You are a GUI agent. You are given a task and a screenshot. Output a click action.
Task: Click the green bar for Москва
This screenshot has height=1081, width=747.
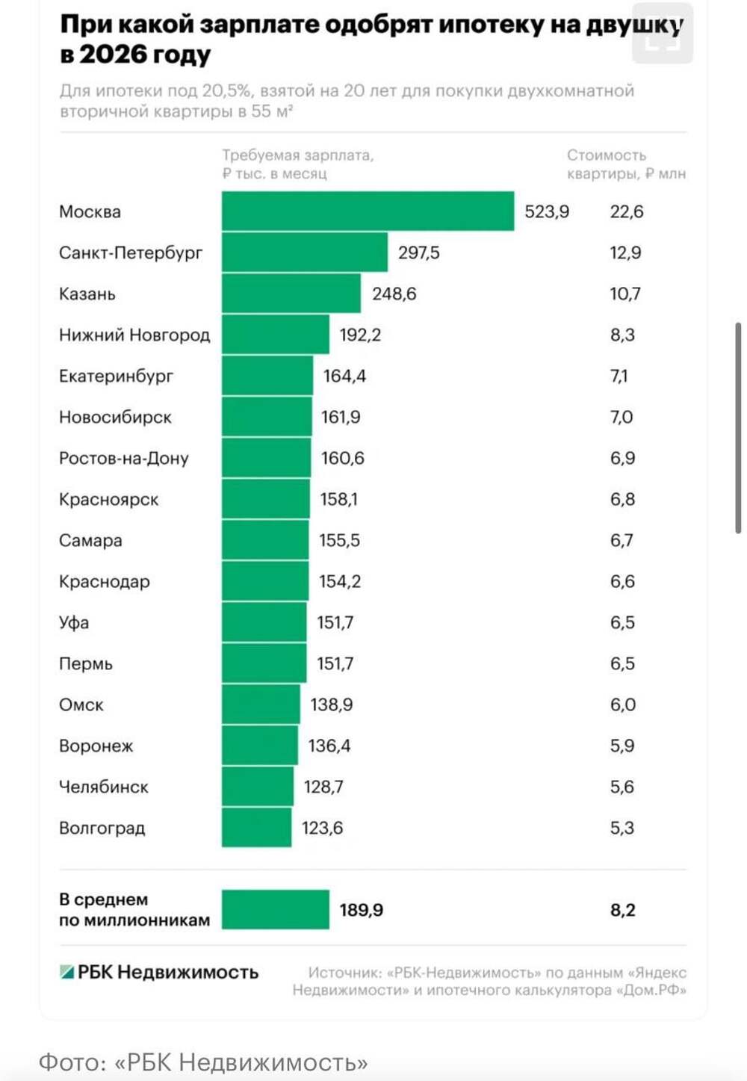pyautogui.click(x=368, y=211)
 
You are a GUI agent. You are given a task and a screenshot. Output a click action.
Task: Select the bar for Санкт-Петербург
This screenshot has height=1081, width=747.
pyautogui.click(x=305, y=253)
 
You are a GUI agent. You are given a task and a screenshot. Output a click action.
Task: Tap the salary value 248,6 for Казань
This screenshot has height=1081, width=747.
pyautogui.click(x=394, y=294)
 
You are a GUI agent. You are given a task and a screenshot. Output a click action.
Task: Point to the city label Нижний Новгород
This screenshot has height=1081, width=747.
pyautogui.click(x=134, y=335)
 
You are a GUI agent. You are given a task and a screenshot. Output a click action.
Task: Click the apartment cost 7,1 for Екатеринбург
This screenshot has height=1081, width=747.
pyautogui.click(x=619, y=376)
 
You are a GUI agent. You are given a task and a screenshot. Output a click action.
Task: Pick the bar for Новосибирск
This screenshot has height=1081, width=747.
pyautogui.click(x=267, y=417)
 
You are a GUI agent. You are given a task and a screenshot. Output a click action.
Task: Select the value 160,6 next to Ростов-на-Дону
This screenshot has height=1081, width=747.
pyautogui.click(x=343, y=458)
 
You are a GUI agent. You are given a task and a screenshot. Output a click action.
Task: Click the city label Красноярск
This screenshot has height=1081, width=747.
pyautogui.click(x=109, y=499)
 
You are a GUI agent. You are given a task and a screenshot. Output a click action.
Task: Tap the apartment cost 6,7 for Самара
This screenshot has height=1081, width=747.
pyautogui.click(x=622, y=540)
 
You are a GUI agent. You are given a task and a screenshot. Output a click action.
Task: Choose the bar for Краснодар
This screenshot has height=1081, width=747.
pyautogui.click(x=265, y=581)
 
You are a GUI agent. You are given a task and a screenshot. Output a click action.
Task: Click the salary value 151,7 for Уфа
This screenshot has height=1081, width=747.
pyautogui.click(x=335, y=622)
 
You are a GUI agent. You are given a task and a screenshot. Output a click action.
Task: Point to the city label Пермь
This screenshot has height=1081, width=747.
pyautogui.click(x=86, y=663)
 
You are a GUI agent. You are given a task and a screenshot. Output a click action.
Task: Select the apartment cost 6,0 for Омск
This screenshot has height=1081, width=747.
pyautogui.click(x=622, y=704)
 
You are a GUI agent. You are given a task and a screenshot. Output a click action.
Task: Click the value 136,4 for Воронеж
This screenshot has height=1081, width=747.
pyautogui.click(x=329, y=746)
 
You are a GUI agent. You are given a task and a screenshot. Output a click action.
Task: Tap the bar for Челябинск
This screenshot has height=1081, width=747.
pyautogui.click(x=258, y=787)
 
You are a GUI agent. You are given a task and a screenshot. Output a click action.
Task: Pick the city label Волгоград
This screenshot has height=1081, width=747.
pyautogui.click(x=102, y=828)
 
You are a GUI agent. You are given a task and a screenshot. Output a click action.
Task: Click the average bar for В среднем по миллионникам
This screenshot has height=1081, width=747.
pyautogui.click(x=276, y=910)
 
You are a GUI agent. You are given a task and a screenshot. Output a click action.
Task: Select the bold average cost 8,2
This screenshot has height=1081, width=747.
pyautogui.click(x=622, y=910)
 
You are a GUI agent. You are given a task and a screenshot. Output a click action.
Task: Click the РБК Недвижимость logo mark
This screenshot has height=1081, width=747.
pyautogui.click(x=67, y=972)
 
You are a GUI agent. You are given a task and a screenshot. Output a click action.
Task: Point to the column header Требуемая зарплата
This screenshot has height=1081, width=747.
pyautogui.click(x=297, y=155)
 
